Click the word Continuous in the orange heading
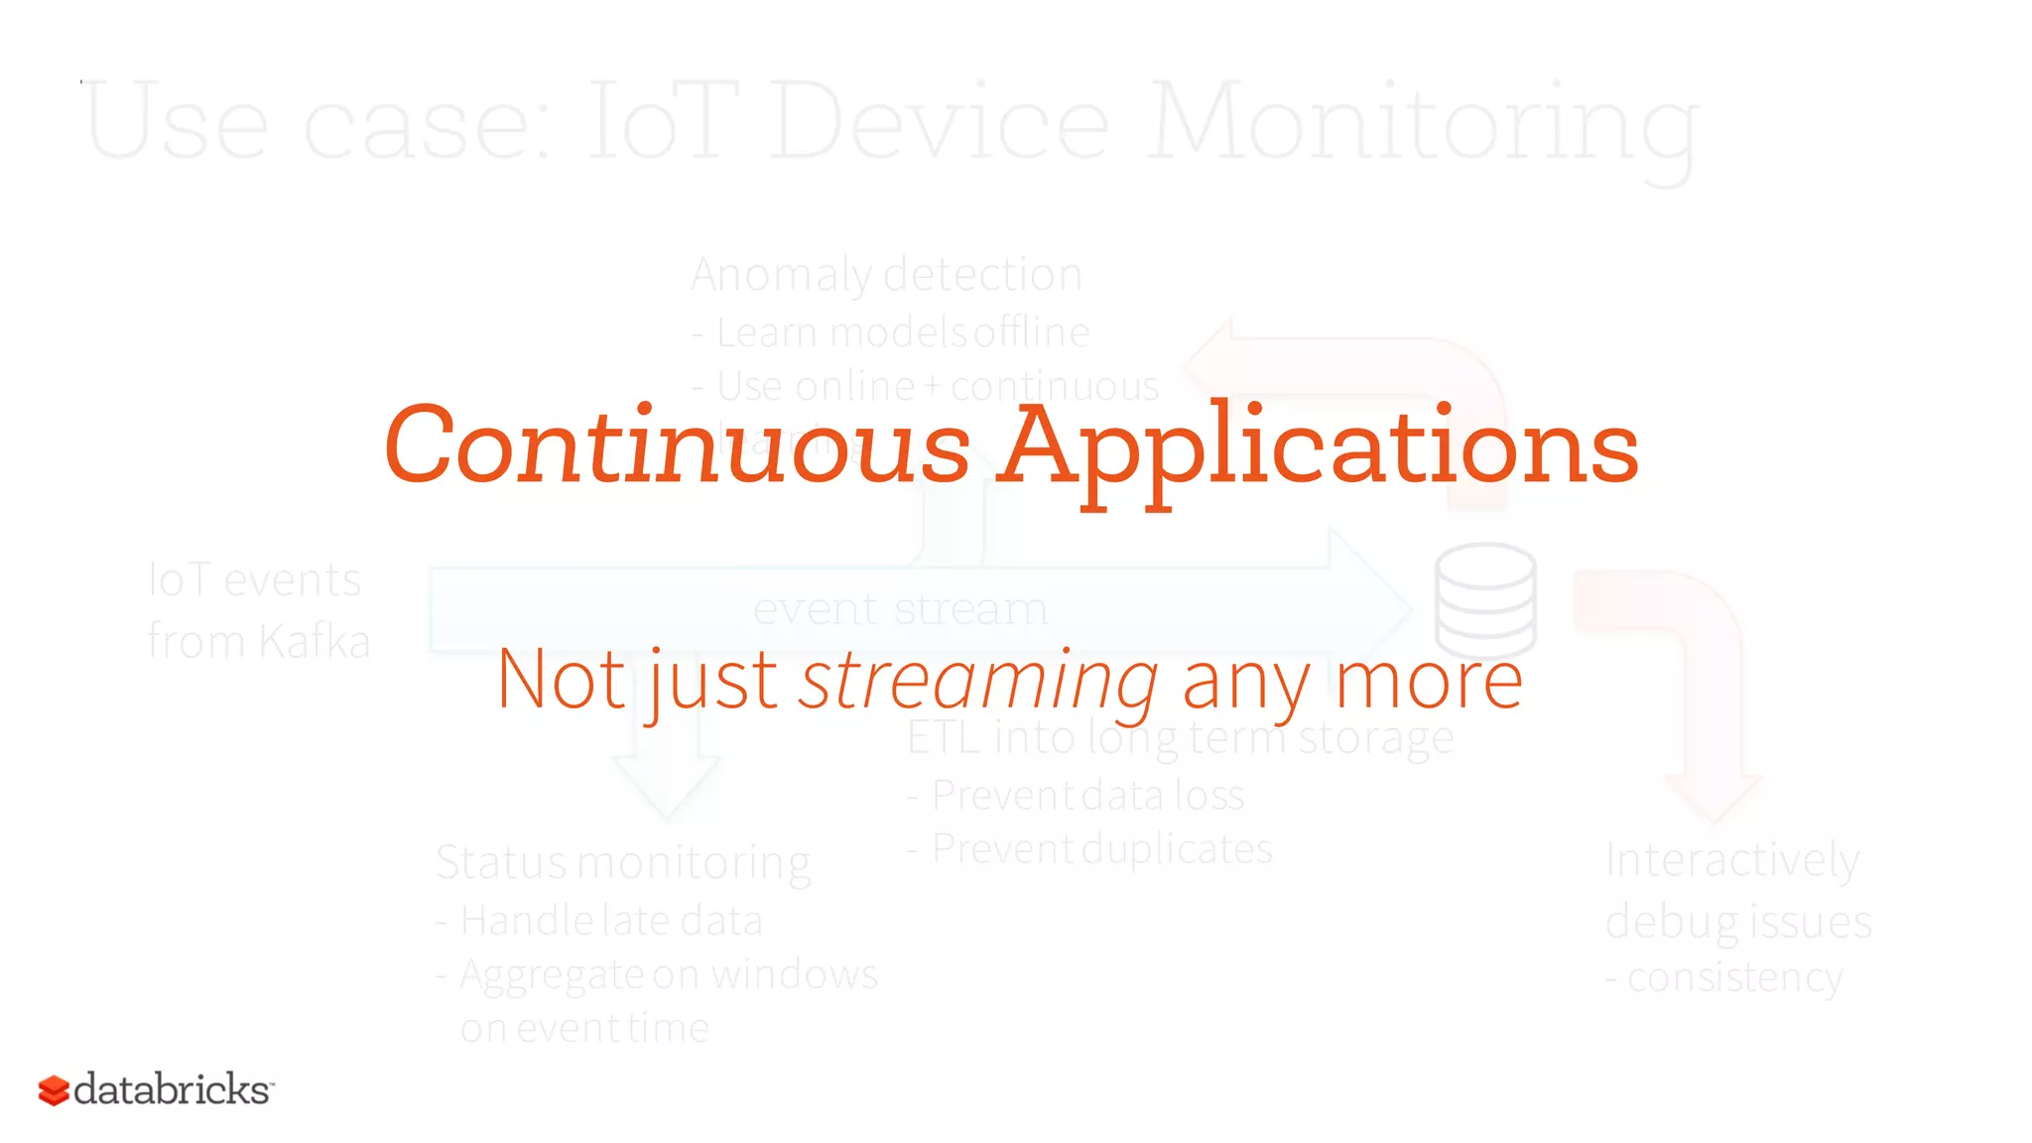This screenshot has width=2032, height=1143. [677, 446]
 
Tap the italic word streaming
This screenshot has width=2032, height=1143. [978, 681]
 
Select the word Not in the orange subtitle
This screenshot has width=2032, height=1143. [562, 681]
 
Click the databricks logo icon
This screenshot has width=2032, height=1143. [54, 1090]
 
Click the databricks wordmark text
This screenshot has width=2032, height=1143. [172, 1089]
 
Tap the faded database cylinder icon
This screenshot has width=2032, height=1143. [1485, 599]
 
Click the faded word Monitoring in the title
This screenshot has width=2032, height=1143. [1423, 124]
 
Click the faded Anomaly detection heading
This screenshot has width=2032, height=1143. [886, 275]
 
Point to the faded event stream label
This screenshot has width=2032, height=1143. [900, 608]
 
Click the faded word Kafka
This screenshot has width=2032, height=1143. [315, 642]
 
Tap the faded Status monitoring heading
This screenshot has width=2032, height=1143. [623, 862]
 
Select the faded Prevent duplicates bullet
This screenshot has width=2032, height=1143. [1101, 849]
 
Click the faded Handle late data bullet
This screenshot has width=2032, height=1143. [610, 921]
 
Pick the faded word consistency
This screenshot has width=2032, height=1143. [1734, 978]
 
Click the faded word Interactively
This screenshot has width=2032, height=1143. [1731, 859]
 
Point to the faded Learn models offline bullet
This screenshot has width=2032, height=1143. [901, 333]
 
